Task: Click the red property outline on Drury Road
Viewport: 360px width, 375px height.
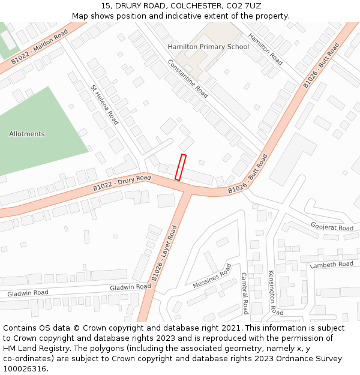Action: [180, 167]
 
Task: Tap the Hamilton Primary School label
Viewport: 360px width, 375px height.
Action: [208, 47]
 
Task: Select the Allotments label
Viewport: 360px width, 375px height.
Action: [27, 134]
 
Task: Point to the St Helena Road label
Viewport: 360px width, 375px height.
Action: [104, 104]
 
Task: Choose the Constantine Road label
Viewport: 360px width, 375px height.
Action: [188, 79]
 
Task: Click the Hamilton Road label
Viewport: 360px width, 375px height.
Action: [266, 49]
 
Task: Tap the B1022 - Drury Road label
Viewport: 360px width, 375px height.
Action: [122, 184]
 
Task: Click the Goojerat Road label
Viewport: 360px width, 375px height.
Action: [332, 227]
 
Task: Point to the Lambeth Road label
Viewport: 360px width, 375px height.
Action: [331, 264]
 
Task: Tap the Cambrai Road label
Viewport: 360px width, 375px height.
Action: [245, 293]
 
